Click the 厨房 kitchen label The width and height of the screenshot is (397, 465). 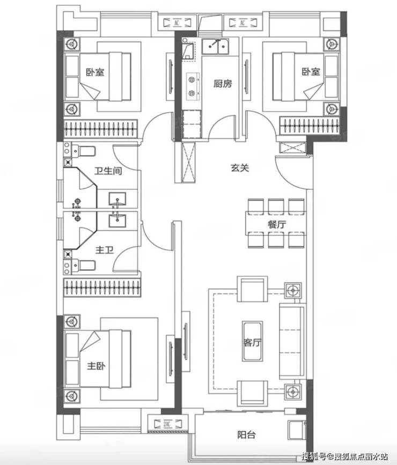coord(223,84)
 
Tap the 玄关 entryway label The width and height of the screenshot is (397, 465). coord(240,168)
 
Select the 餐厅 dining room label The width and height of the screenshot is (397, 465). coord(276,224)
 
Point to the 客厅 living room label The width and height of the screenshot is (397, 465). coord(252,343)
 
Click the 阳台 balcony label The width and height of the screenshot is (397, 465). coord(246,435)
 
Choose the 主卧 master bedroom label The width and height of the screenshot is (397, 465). coord(96,366)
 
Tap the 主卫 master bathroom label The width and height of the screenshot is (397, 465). coord(105,250)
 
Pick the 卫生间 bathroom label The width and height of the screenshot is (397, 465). coord(108,171)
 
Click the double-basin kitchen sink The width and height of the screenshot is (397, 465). coord(216,47)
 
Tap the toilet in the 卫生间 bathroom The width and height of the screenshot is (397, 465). coord(83,151)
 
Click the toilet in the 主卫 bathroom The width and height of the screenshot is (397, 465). coord(83,265)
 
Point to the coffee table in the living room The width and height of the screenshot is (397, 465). coord(252,341)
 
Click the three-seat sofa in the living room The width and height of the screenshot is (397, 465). coord(292,341)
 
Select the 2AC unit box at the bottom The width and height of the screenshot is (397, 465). coord(168,424)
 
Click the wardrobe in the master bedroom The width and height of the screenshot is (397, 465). coord(102,287)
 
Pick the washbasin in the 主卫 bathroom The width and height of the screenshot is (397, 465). coord(117,220)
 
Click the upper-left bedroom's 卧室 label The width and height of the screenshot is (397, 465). coord(95,72)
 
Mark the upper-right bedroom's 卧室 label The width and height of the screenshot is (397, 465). coord(311,71)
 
